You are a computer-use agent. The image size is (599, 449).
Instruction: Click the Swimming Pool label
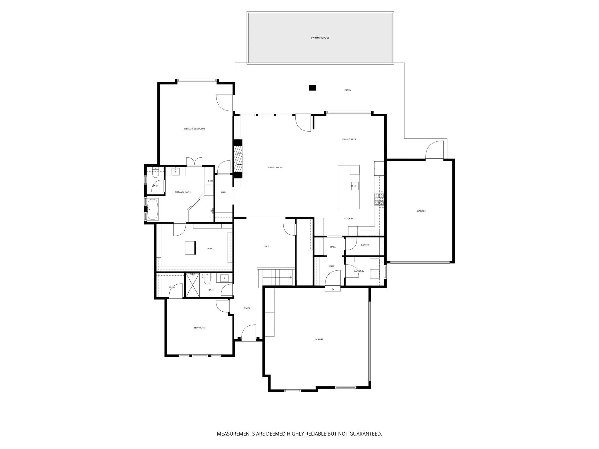(320, 38)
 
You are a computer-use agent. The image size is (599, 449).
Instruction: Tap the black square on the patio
(313, 87)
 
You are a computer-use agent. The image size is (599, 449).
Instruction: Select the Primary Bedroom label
(194, 129)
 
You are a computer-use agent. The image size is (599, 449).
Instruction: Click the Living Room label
(275, 168)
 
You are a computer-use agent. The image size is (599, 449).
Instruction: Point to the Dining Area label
(349, 139)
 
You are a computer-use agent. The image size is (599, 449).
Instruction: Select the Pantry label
(365, 245)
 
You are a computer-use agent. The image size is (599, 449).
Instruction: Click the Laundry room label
(359, 271)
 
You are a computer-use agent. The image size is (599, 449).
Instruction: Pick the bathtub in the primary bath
(152, 209)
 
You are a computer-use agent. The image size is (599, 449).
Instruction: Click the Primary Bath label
(183, 192)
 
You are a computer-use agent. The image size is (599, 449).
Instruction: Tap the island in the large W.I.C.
(190, 248)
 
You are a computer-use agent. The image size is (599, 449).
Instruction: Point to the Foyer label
(247, 308)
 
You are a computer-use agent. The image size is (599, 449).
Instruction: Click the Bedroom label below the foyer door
(199, 328)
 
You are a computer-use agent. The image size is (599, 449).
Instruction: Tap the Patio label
(347, 90)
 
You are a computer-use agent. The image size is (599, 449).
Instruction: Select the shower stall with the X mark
(193, 285)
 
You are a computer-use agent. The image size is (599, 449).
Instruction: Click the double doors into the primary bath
(194, 162)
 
